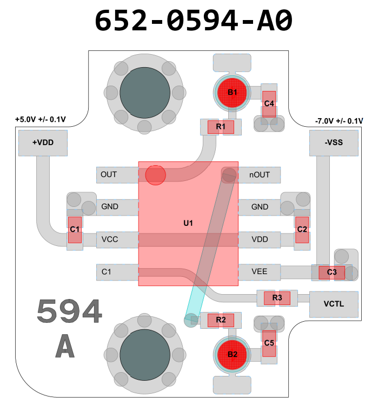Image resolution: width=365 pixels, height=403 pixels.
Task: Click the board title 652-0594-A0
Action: click(193, 21)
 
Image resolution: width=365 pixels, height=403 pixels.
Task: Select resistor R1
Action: click(221, 127)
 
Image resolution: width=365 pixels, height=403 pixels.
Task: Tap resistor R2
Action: click(221, 320)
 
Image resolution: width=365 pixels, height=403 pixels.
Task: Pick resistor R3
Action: click(277, 297)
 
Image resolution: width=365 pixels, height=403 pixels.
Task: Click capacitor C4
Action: click(269, 103)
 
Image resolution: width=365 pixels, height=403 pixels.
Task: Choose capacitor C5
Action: click(269, 342)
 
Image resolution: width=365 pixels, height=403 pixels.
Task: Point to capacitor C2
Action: click(302, 230)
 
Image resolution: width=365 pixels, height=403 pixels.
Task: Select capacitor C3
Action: click(331, 272)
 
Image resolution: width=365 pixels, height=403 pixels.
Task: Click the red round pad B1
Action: click(233, 93)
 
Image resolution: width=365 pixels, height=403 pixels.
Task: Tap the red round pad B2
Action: click(233, 355)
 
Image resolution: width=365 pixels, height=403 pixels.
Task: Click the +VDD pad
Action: click(43, 143)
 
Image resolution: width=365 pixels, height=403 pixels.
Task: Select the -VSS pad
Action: click(334, 143)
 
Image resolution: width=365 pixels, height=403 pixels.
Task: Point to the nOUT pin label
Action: click(260, 175)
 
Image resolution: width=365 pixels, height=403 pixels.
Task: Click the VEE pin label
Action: click(260, 271)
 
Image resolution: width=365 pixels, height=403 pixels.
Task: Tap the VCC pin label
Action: click(110, 239)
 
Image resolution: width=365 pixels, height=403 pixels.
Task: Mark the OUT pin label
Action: click(109, 175)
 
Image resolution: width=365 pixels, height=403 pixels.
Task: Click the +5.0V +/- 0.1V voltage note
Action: click(40, 119)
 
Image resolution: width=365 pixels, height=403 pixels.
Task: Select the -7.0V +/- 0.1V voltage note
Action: click(339, 121)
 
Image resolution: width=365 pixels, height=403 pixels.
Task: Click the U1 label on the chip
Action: click(188, 223)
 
